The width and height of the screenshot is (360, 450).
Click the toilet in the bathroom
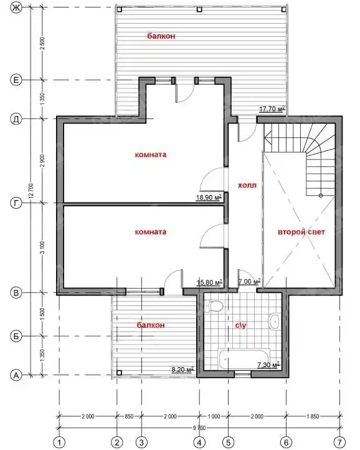tap(214, 306)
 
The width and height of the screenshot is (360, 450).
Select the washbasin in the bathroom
tap(275, 322)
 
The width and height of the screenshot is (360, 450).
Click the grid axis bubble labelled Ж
tap(16, 7)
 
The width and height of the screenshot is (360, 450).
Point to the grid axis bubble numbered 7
tap(341, 442)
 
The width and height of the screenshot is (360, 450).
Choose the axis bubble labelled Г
tap(16, 203)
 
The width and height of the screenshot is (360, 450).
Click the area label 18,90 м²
tap(209, 197)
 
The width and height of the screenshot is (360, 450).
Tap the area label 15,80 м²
tap(210, 282)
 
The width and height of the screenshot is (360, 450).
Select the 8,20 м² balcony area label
tap(182, 369)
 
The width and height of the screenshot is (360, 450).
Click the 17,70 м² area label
tap(272, 108)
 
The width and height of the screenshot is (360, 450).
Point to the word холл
tap(247, 185)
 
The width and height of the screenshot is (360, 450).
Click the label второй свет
tap(301, 232)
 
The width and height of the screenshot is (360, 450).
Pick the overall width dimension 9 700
tap(199, 428)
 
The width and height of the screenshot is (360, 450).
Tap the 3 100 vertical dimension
tap(42, 247)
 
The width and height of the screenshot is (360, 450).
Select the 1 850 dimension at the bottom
tap(313, 416)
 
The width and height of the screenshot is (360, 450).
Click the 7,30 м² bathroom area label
tap(268, 365)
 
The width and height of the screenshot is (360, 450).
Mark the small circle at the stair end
tap(321, 196)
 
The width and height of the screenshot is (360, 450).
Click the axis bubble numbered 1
tap(59, 442)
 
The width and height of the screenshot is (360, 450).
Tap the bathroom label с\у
tap(240, 325)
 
